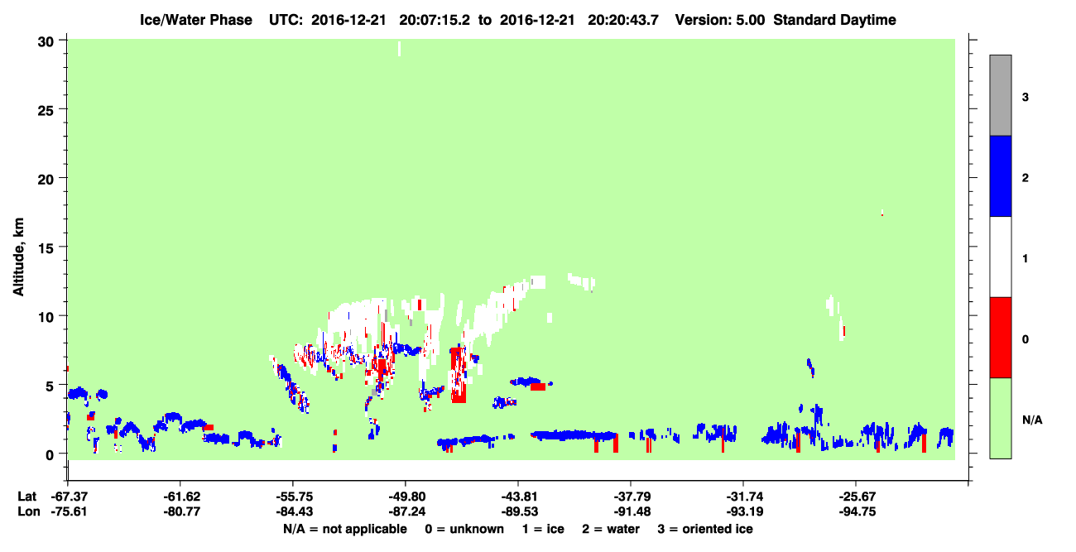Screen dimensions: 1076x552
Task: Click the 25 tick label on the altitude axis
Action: click(46, 110)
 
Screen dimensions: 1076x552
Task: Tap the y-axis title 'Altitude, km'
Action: click(18, 257)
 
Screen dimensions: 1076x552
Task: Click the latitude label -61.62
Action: click(181, 497)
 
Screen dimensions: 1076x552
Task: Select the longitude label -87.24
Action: click(406, 511)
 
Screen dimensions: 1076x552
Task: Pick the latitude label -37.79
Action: click(632, 497)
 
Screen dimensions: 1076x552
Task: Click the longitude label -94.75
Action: click(857, 511)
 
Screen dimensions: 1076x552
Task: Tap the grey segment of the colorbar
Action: click(1000, 95)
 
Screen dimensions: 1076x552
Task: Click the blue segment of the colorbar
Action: click(1000, 175)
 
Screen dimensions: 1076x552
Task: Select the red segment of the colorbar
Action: click(1000, 338)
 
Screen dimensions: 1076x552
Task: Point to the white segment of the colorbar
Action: click(1000, 257)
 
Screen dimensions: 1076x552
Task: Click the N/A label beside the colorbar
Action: click(1032, 420)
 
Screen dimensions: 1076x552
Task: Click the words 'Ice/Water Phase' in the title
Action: click(196, 20)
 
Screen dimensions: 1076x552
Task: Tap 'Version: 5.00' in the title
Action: click(719, 20)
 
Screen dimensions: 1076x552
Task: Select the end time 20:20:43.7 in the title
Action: click(623, 20)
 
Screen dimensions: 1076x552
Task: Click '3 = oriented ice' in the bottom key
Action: click(705, 529)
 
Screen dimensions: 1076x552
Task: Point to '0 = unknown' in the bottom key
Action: click(464, 529)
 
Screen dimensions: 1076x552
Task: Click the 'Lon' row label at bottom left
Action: click(29, 511)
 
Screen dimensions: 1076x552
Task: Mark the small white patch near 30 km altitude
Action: click(399, 49)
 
